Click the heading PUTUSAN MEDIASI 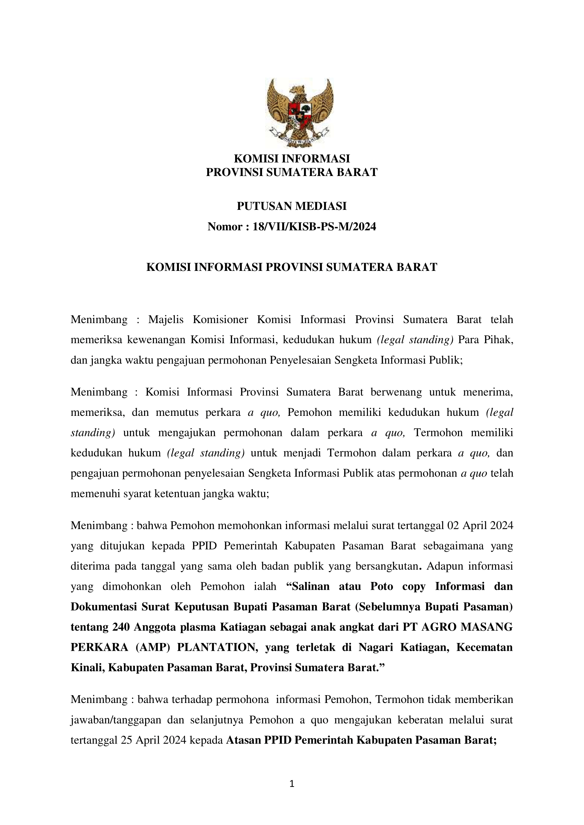tap(292, 206)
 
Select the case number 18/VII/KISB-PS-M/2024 tap(314, 227)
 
